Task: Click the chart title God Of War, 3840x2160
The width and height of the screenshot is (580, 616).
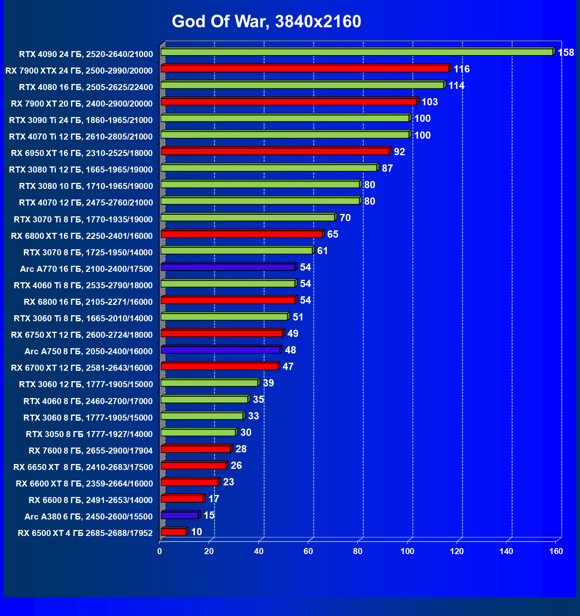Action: point(266,21)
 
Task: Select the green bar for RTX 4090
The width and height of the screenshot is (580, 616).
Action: point(357,52)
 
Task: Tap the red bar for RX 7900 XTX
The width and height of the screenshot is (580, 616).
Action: point(304,69)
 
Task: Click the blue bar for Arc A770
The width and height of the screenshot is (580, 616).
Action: point(228,267)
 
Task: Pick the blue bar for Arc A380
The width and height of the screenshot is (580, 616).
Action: point(180,515)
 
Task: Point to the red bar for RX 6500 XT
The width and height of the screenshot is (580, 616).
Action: point(173,532)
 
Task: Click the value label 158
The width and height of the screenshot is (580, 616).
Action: point(566,53)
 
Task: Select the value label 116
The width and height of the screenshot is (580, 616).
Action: point(461,69)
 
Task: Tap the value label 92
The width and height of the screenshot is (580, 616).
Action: point(399,152)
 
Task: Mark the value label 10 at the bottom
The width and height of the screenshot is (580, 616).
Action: point(196,532)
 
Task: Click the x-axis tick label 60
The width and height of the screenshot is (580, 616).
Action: point(308,551)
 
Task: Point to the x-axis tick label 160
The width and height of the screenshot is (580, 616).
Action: point(556,551)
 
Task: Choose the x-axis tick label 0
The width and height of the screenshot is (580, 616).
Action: point(160,551)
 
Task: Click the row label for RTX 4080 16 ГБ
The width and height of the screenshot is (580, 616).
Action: point(86,87)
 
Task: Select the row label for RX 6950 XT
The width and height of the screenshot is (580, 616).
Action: point(82,153)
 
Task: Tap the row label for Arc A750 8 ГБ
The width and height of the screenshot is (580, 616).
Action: point(88,351)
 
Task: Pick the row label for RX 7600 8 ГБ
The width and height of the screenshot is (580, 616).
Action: point(90,451)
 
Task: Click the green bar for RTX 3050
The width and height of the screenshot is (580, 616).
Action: point(198,432)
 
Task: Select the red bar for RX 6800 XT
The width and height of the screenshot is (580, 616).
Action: point(241,234)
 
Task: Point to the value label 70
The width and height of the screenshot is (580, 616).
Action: point(345,218)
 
